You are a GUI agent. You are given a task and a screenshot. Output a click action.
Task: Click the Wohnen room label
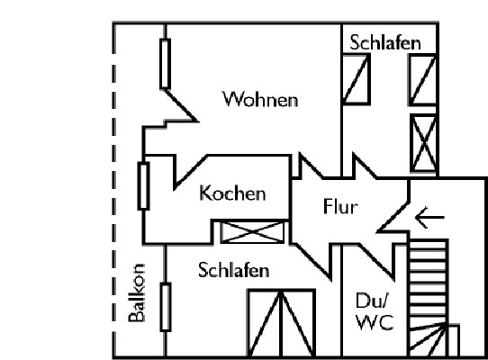click(260, 99)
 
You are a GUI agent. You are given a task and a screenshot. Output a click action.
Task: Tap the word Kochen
click(232, 193)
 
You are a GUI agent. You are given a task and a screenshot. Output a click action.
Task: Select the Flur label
click(340, 206)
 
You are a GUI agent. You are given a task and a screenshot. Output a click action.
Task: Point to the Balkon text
click(137, 292)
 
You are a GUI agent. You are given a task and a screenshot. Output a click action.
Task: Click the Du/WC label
click(375, 311)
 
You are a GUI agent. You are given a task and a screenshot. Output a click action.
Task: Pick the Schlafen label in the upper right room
click(385, 42)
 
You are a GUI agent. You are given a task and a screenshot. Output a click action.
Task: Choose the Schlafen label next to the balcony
click(234, 270)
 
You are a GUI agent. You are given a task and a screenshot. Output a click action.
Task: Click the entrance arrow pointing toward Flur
click(429, 217)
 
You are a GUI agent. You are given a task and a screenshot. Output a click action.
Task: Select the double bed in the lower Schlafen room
click(282, 323)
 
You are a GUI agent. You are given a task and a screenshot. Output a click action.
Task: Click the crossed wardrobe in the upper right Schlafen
click(423, 143)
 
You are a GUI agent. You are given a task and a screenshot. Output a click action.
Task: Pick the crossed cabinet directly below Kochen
click(252, 232)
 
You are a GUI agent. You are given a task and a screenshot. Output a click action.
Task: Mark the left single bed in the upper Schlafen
click(356, 79)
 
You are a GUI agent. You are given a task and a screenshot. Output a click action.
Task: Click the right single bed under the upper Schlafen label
click(422, 80)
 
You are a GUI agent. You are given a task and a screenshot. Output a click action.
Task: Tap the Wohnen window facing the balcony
click(166, 64)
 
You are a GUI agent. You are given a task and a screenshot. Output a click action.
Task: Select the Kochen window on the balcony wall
click(143, 186)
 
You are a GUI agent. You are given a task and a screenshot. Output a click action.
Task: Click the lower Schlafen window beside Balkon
click(166, 307)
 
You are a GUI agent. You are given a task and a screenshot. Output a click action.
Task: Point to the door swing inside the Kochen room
click(190, 172)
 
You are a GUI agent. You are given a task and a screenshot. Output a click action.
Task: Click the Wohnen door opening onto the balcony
click(180, 105)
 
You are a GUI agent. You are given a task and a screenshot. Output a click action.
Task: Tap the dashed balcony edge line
click(114, 190)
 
